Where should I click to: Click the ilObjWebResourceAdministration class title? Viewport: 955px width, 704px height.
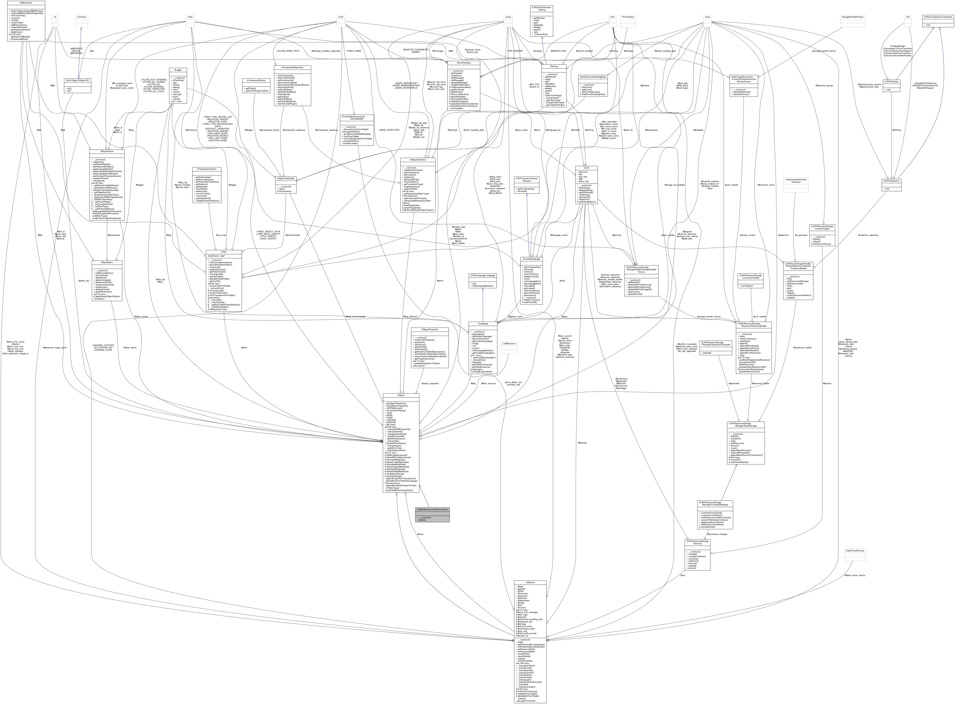click(432, 510)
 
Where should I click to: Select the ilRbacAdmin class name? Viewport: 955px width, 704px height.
click(102, 263)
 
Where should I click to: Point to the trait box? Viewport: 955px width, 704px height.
click(908, 17)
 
